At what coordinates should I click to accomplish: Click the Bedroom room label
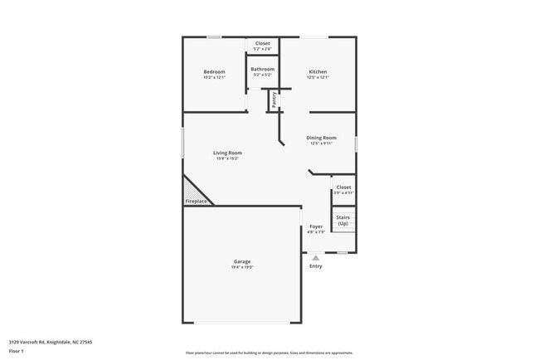tap(214, 72)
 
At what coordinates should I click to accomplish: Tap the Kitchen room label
tap(318, 72)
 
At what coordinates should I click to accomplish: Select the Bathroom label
tap(262, 69)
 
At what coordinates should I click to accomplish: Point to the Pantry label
tap(274, 100)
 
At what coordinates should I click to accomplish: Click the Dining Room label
tap(322, 138)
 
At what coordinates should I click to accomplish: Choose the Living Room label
tap(227, 153)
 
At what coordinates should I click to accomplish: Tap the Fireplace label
tap(196, 201)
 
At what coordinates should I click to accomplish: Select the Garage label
tap(242, 262)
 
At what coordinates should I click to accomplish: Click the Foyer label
tap(316, 226)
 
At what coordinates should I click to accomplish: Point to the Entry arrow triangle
tap(315, 258)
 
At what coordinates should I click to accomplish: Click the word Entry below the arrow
tap(315, 266)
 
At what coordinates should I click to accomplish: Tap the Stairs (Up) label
tap(342, 221)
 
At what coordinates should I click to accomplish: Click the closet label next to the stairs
tap(343, 187)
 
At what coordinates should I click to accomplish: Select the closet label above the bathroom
tap(262, 43)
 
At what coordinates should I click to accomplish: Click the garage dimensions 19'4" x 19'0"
tap(242, 268)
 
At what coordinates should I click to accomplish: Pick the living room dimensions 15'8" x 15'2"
tap(227, 158)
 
